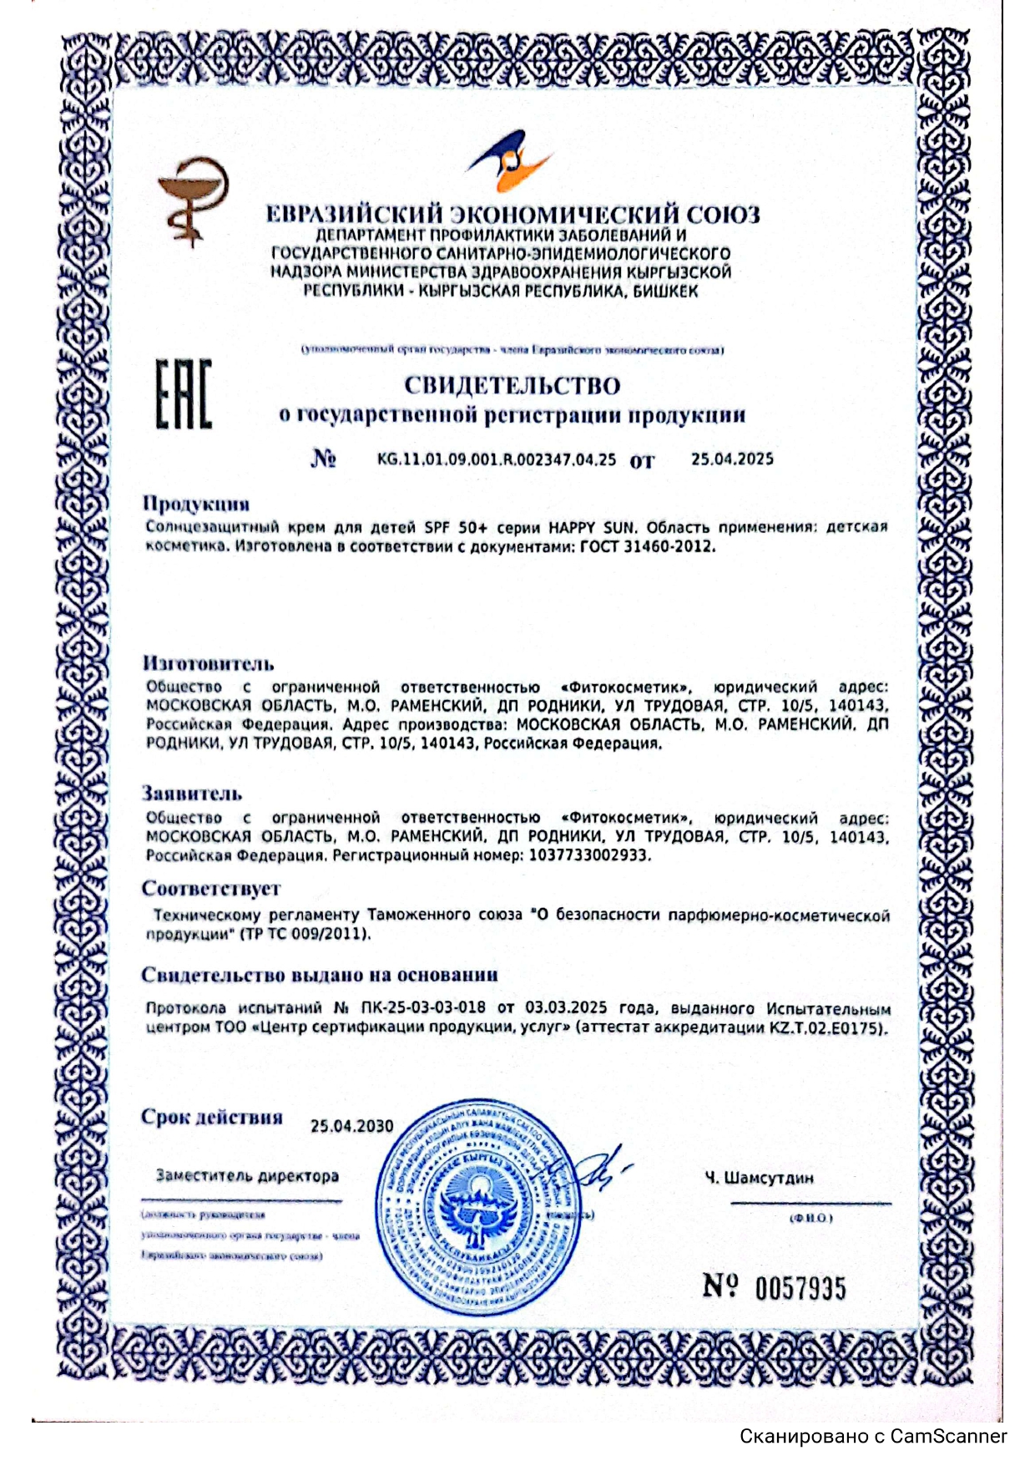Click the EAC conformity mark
pyautogui.click(x=184, y=394)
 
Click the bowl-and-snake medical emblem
pyautogui.click(x=193, y=200)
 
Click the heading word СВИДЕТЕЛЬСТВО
pyautogui.click(x=512, y=386)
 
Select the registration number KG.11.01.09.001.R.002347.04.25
pyautogui.click(x=497, y=459)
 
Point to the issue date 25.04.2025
pyautogui.click(x=732, y=459)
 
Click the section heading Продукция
pyautogui.click(x=196, y=504)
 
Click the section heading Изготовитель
pyautogui.click(x=208, y=664)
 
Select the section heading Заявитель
pyautogui.click(x=192, y=794)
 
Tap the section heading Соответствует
pyautogui.click(x=211, y=888)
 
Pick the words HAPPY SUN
pyautogui.click(x=592, y=528)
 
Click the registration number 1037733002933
pyautogui.click(x=588, y=855)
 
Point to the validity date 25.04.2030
pyautogui.click(x=351, y=1126)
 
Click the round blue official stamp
pyautogui.click(x=481, y=1206)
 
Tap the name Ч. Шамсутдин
pyautogui.click(x=759, y=1179)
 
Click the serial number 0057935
pyautogui.click(x=800, y=1288)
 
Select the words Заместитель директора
pyautogui.click(x=247, y=1176)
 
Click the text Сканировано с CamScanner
pyautogui.click(x=873, y=1437)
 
